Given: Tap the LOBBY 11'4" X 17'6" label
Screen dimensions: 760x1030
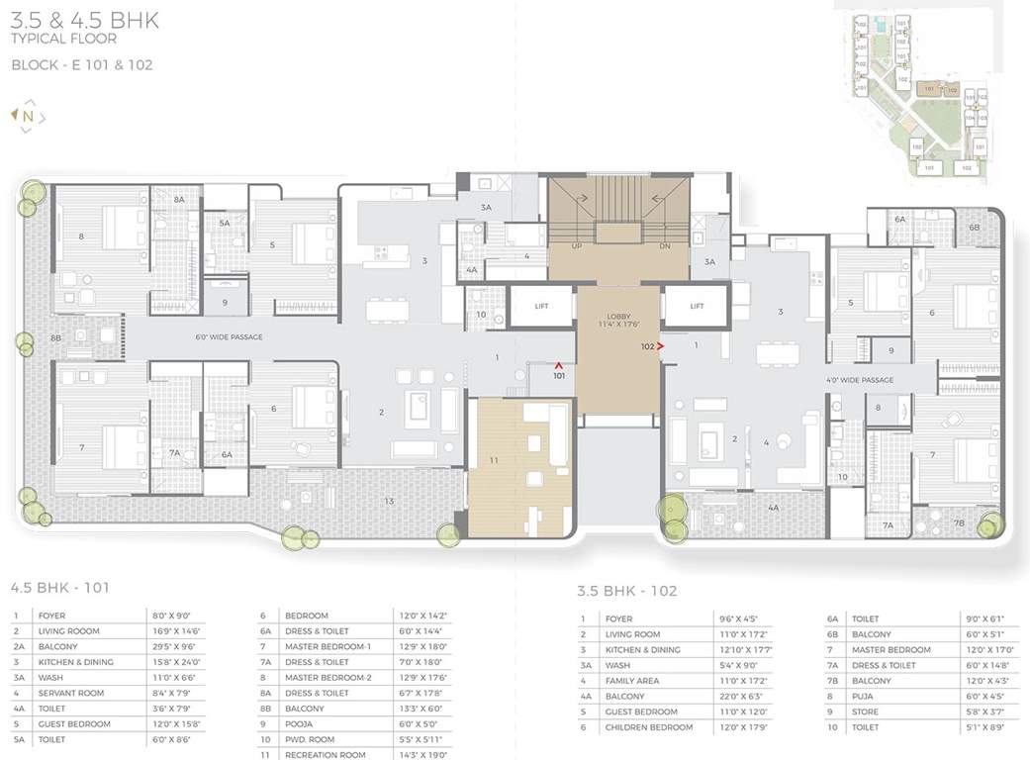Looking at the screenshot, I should (x=618, y=319).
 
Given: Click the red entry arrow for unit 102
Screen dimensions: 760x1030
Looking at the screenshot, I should (x=660, y=346).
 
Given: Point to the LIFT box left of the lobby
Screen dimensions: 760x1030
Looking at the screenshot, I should (x=541, y=307).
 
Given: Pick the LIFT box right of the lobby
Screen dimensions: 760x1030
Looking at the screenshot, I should (x=697, y=307).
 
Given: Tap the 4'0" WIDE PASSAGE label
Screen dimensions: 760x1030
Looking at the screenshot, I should (x=860, y=380).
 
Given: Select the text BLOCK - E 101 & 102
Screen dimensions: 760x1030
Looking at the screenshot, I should (x=81, y=64).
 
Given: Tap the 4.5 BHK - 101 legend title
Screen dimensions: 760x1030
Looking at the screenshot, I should (x=59, y=587).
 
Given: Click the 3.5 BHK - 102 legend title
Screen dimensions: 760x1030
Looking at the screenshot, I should (x=626, y=592).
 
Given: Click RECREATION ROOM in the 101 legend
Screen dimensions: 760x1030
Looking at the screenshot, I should (x=326, y=755).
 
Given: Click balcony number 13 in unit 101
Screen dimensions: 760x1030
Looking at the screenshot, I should (x=389, y=502).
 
